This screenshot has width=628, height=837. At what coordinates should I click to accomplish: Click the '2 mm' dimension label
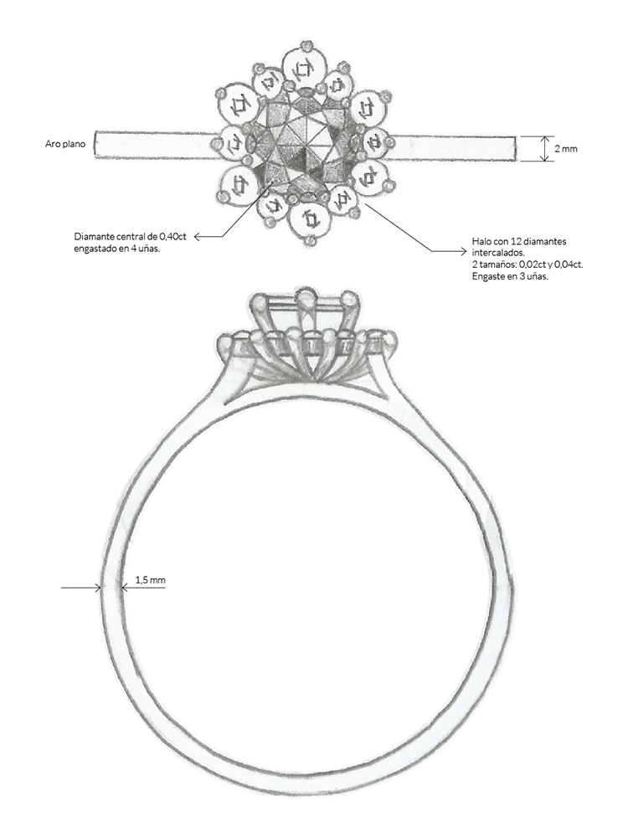pos(565,149)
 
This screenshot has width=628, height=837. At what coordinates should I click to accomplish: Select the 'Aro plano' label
pos(65,144)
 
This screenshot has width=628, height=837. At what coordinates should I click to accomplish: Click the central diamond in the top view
pos(304,144)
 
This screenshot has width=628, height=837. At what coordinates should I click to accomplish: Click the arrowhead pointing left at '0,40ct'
pos(197,237)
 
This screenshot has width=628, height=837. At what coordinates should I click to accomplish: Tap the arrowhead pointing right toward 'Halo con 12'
pos(464,249)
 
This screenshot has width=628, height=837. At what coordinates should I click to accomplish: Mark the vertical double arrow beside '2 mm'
pos(544,148)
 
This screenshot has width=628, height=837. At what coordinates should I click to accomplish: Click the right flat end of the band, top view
pos(516,148)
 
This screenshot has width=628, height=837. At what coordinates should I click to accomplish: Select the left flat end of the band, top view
pos(95,144)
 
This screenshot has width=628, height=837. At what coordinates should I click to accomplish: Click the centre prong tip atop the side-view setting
pos(306,295)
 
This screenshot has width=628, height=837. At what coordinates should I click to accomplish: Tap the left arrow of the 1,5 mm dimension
pos(81,588)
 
